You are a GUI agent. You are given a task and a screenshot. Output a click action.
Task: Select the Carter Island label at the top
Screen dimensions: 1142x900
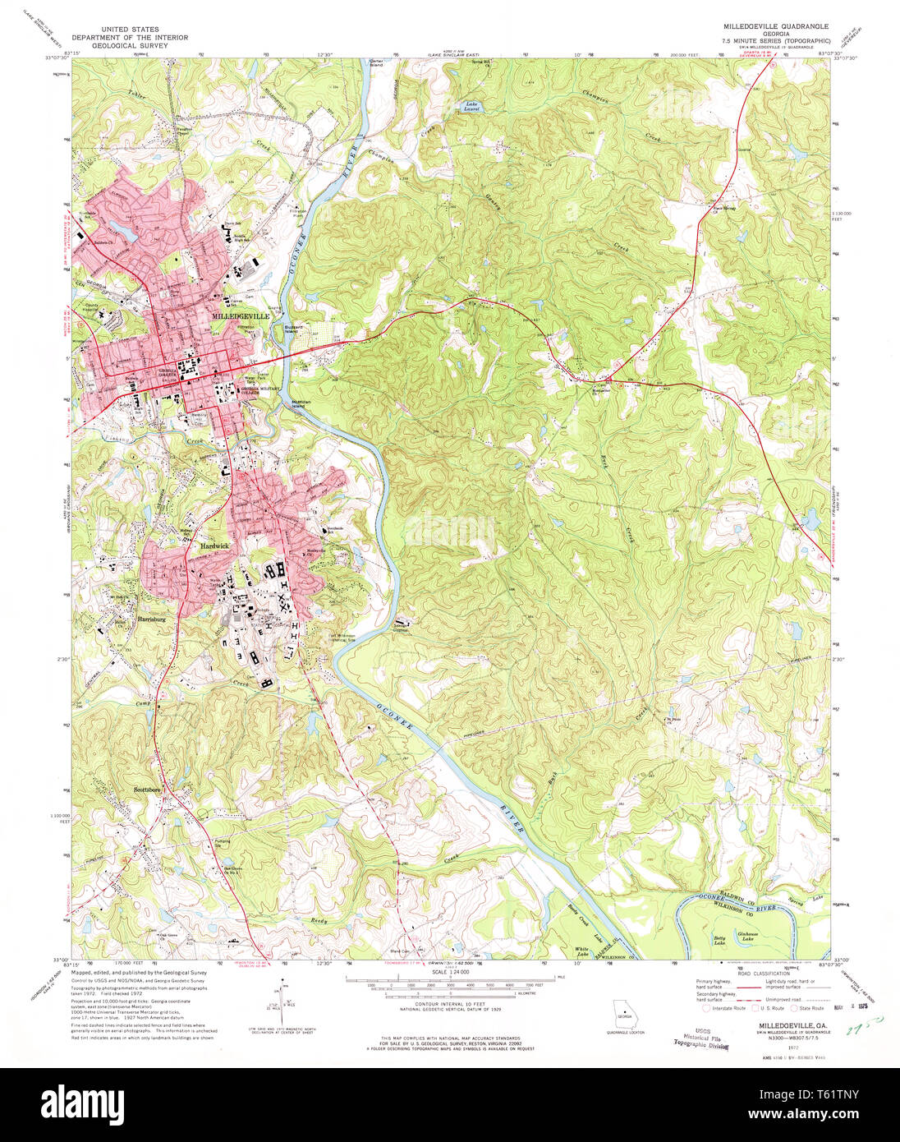pos(376,62)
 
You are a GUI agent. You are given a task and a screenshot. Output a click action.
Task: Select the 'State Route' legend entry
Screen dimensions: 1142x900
pos(811,1007)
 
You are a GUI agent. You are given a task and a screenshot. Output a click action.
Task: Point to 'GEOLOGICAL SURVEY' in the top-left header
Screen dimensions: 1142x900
pos(129,47)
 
